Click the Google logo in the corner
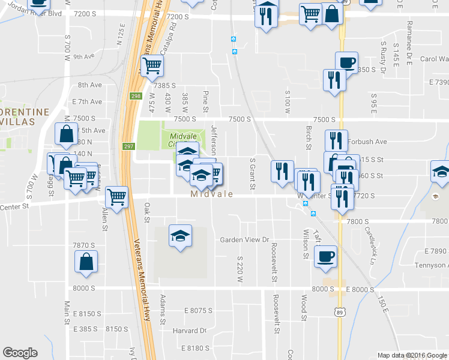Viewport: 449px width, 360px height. [x=20, y=353]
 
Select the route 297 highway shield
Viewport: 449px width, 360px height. [x=128, y=147]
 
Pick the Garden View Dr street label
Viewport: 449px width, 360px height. [x=244, y=239]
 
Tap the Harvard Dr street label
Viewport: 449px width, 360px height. [x=190, y=331]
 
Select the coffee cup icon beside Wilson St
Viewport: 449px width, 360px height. [x=325, y=256]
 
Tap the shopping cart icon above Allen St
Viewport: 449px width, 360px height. [x=116, y=196]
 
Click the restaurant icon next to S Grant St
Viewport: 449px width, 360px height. [x=282, y=171]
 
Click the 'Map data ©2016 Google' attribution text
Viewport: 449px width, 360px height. [x=412, y=355]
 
